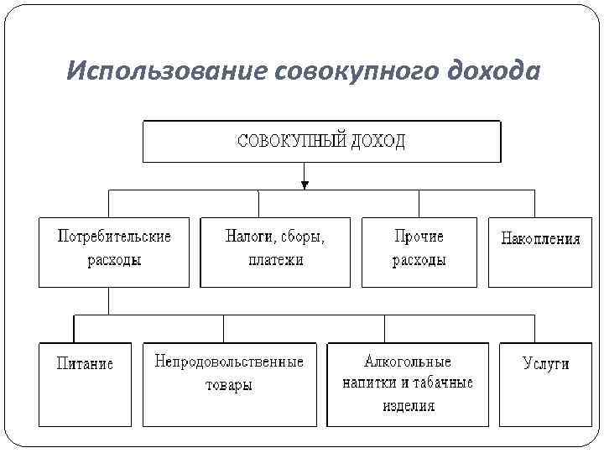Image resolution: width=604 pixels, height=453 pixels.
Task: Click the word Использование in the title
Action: pyautogui.click(x=166, y=72)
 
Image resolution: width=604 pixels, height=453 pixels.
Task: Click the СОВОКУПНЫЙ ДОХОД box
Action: pyautogui.click(x=321, y=141)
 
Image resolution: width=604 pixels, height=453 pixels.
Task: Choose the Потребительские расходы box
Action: pyautogui.click(x=114, y=253)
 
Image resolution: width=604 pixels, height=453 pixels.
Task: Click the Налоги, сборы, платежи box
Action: pyautogui.click(x=275, y=253)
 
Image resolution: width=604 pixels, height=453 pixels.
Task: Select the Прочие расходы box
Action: pyautogui.click(x=419, y=253)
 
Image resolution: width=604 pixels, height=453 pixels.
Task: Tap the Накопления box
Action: pyautogui.click(x=540, y=253)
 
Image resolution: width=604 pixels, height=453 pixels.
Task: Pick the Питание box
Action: pyautogui.click(x=85, y=384)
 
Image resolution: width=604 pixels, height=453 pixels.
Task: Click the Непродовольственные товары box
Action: pyautogui.click(x=229, y=384)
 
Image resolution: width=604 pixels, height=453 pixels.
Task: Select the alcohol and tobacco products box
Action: pyautogui.click(x=407, y=384)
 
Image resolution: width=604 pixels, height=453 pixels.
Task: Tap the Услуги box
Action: pyautogui.click(x=545, y=384)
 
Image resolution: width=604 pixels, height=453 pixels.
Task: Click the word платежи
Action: pyautogui.click(x=276, y=260)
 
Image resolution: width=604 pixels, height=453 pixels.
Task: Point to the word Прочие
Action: pyautogui.click(x=419, y=237)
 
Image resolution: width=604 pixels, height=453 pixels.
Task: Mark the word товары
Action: pyautogui.click(x=229, y=386)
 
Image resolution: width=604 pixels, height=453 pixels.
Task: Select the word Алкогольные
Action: pyautogui.click(x=408, y=362)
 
